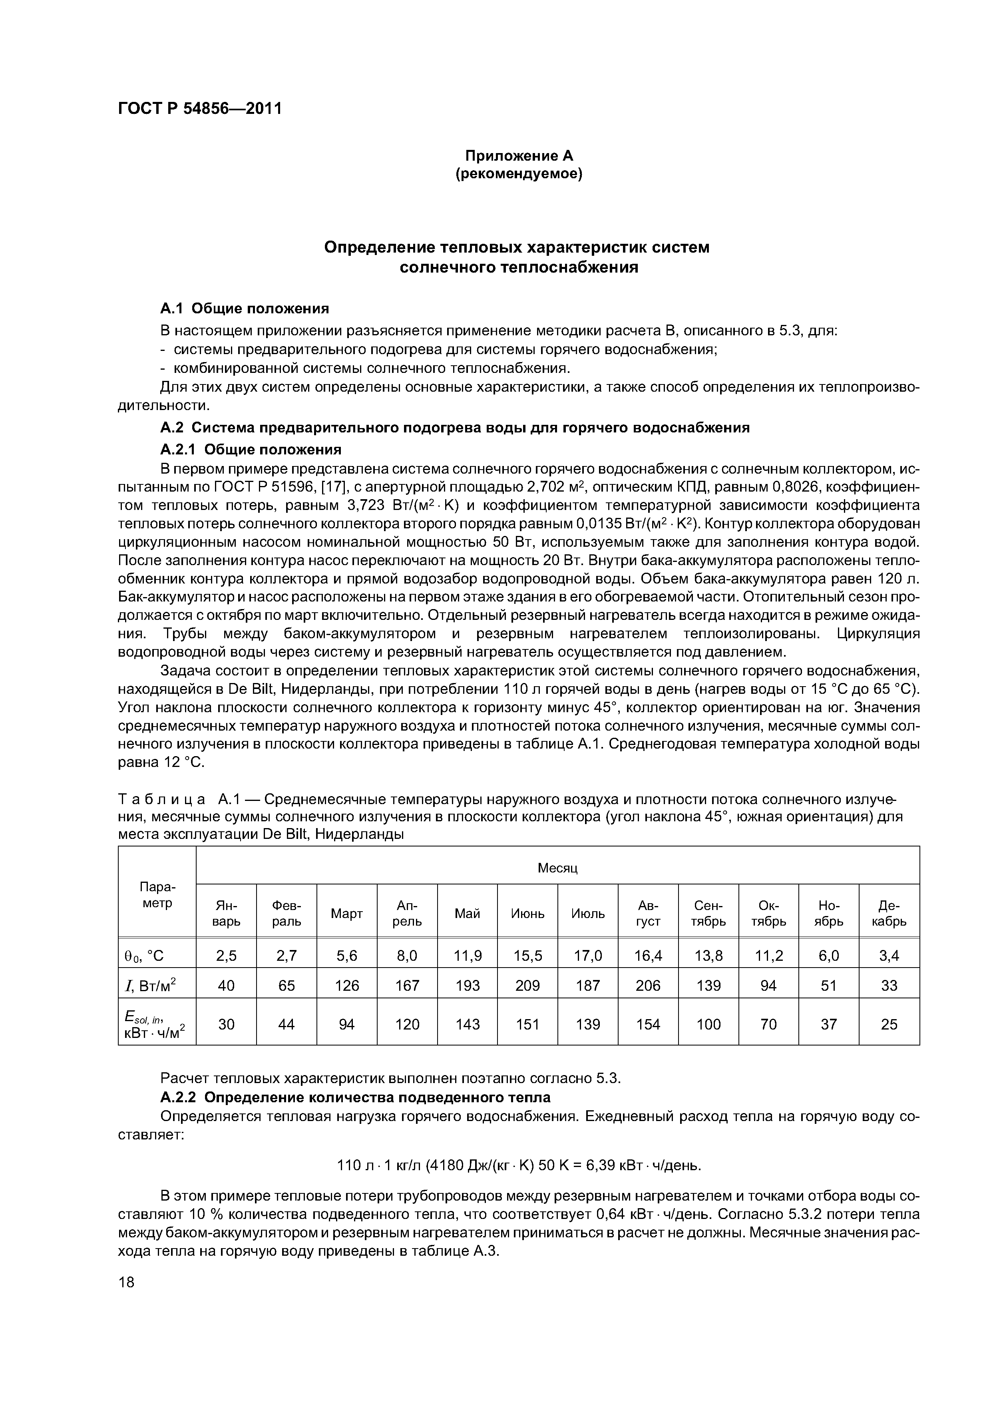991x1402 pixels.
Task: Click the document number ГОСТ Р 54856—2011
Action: point(200,109)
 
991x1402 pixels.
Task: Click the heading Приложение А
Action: point(519,156)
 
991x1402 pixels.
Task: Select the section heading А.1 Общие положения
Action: point(244,308)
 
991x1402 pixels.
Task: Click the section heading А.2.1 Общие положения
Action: point(250,450)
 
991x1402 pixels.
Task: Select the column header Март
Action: point(347,914)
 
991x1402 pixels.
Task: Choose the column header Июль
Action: point(587,914)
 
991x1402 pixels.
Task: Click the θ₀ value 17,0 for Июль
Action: point(587,956)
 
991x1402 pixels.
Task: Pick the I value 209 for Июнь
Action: point(527,986)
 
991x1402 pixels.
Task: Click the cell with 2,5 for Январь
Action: point(227,956)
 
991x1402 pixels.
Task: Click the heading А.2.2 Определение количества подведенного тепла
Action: point(355,1097)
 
